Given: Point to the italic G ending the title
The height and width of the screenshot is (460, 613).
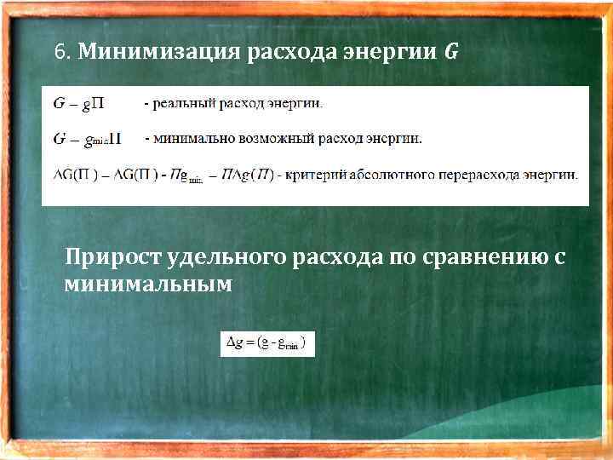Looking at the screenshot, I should pyautogui.click(x=450, y=53).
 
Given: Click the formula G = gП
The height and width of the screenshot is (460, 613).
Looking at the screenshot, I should pyautogui.click(x=79, y=105).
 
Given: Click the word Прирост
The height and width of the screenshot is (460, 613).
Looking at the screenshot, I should pyautogui.click(x=115, y=257).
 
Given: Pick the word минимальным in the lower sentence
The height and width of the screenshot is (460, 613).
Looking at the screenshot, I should pyautogui.click(x=147, y=284).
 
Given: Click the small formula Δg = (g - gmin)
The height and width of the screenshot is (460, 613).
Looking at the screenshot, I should pyautogui.click(x=267, y=343).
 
